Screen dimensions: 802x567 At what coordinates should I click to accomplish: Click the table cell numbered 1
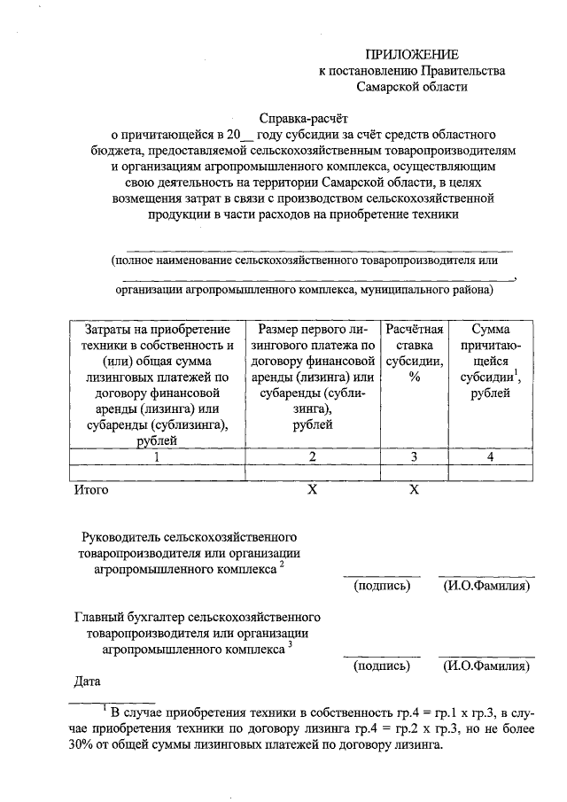coord(156,456)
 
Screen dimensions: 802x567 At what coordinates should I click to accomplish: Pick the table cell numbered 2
coord(312,456)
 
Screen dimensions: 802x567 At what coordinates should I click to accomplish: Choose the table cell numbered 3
coord(413,456)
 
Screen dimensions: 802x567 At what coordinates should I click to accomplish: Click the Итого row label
coord(91,488)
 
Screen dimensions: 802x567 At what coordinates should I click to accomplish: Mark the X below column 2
coord(312,488)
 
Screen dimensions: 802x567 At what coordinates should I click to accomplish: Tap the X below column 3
coord(413,488)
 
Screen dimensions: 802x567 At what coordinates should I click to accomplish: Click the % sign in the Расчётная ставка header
coord(413,378)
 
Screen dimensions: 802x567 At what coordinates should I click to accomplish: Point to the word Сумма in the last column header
coord(490,330)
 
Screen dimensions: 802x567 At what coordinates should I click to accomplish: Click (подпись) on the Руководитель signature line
coord(382,586)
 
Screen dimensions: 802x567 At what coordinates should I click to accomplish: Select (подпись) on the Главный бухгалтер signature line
coord(382,666)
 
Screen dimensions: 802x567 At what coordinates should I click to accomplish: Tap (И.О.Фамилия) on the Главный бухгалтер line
coord(485,666)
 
